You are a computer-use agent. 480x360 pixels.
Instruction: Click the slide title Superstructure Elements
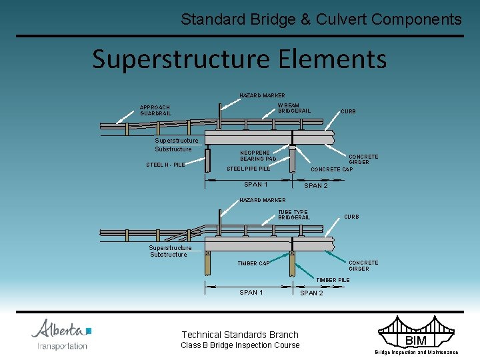click(239, 59)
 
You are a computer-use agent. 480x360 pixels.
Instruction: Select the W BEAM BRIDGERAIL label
click(294, 108)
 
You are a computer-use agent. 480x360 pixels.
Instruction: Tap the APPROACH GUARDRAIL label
click(155, 111)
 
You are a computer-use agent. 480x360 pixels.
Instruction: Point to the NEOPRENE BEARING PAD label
click(258, 156)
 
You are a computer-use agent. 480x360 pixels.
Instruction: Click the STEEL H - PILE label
click(165, 165)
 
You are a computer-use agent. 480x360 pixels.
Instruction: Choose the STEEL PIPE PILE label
click(248, 169)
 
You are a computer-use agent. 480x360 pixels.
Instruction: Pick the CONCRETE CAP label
click(331, 169)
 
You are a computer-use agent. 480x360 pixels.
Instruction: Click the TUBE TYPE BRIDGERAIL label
click(293, 215)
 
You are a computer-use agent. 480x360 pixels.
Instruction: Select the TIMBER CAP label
click(253, 263)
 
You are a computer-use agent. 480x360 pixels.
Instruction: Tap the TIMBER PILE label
click(333, 280)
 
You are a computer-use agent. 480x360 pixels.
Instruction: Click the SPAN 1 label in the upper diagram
click(256, 185)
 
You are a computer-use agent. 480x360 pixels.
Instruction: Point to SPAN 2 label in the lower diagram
click(312, 293)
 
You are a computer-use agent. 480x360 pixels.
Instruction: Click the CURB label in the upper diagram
click(348, 112)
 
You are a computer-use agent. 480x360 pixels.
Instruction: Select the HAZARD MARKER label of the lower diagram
click(262, 200)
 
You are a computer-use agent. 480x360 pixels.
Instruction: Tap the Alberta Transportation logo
click(61, 334)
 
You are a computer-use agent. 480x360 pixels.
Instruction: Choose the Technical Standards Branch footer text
click(240, 335)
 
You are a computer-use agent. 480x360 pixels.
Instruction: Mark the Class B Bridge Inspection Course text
click(240, 345)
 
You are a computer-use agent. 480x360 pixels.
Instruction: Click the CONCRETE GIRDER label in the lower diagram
click(363, 265)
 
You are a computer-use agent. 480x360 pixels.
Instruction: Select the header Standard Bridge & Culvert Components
click(321, 19)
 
